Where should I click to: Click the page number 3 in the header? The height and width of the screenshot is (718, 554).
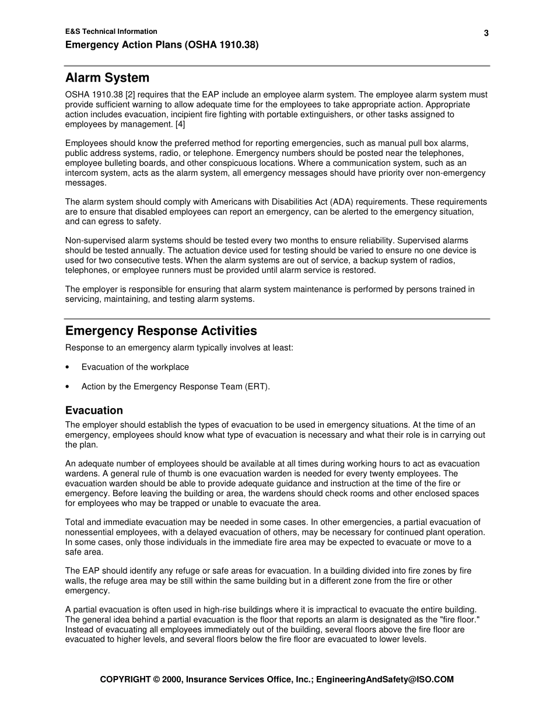click(x=486, y=33)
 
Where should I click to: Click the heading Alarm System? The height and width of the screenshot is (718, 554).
click(x=107, y=78)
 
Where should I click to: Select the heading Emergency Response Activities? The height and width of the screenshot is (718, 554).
click(x=161, y=331)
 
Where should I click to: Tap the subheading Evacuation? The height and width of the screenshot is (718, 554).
click(x=94, y=410)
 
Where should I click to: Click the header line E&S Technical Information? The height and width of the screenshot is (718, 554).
click(x=111, y=32)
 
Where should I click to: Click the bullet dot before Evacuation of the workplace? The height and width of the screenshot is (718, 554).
click(x=68, y=367)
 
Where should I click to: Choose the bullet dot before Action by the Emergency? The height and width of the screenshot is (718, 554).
click(x=68, y=386)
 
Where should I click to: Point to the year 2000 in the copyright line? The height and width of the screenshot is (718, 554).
click(x=173, y=679)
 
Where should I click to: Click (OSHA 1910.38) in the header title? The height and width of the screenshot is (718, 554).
click(x=222, y=44)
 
